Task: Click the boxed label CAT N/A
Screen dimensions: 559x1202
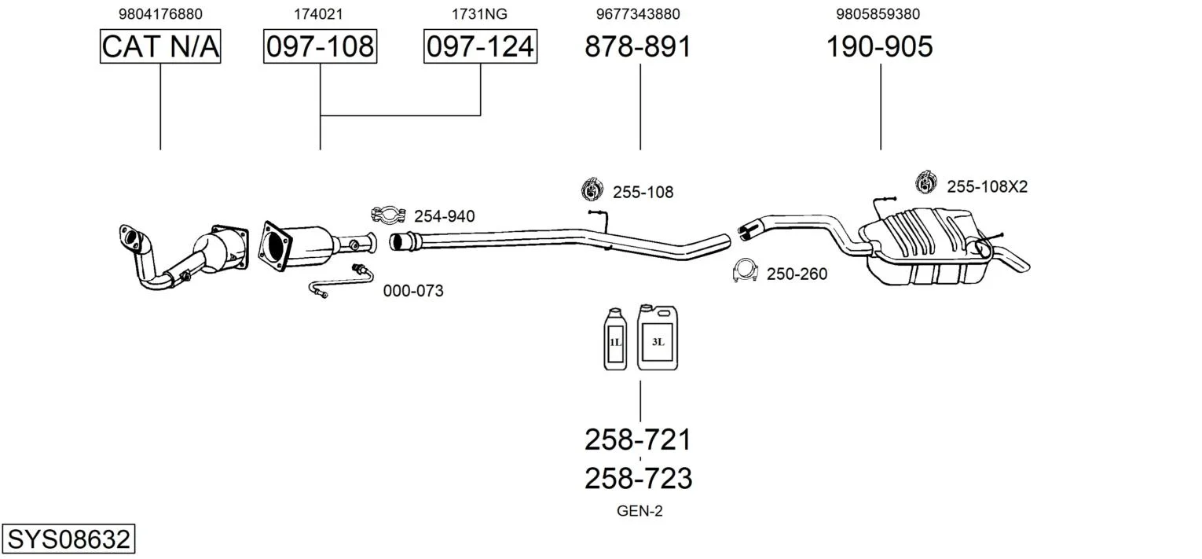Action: click(160, 47)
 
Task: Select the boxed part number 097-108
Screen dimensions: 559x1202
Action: click(320, 47)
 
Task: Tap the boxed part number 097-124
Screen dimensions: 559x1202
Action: click(480, 47)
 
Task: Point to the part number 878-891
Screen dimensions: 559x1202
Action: click(638, 47)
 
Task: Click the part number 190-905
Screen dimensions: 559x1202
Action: click(879, 47)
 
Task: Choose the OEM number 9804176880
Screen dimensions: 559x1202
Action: click(160, 14)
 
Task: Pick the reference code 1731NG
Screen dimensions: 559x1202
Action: click(479, 14)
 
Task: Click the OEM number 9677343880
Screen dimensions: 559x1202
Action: click(638, 14)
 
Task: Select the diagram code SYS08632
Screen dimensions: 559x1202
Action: click(68, 540)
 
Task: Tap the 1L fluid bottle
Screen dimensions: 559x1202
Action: click(615, 340)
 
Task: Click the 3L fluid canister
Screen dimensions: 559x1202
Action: click(658, 337)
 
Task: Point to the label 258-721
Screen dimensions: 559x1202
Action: click(638, 439)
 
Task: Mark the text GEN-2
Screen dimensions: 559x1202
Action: click(639, 511)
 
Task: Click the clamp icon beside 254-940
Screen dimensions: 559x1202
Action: click(387, 214)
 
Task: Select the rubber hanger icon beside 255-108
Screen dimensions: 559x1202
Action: click(591, 189)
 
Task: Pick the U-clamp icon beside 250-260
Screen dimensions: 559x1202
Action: click(743, 271)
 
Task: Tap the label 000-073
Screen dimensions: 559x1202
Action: click(413, 291)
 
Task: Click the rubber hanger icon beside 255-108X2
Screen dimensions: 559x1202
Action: click(927, 183)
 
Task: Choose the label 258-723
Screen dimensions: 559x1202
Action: click(638, 478)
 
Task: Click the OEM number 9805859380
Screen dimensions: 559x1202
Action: click(878, 14)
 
